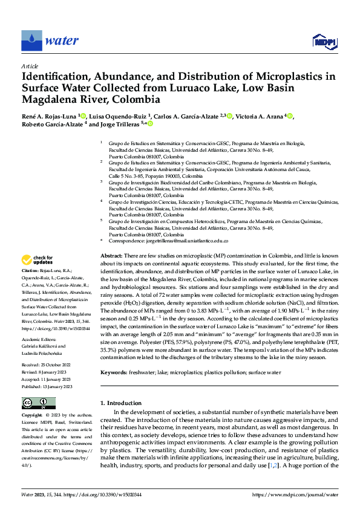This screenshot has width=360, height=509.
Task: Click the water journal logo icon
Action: [x=31, y=40]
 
